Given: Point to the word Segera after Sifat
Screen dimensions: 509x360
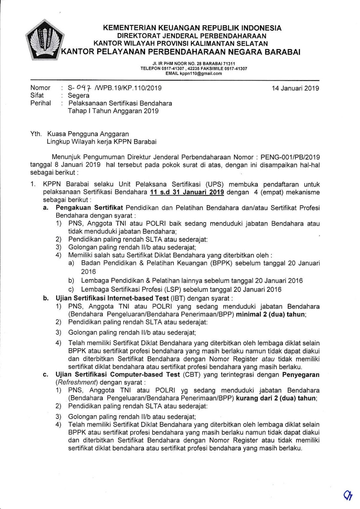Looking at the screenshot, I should (79, 95).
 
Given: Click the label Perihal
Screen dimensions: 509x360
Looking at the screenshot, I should (40, 103).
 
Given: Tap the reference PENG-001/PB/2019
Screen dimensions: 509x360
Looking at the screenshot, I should (290, 157).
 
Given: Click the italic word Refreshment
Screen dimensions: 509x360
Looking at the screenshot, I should (72, 382).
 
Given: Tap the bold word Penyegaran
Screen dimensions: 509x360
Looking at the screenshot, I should (301, 375).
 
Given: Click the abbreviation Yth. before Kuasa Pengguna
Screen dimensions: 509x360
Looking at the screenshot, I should (36, 134).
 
